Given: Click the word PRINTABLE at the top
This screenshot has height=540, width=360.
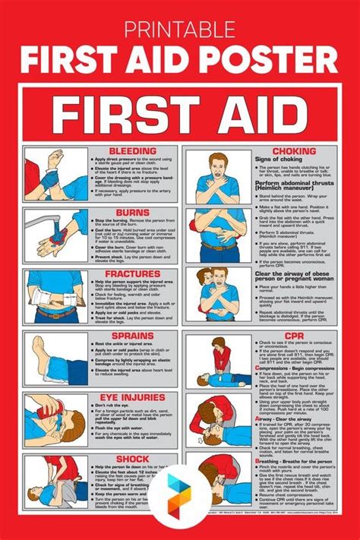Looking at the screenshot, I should pos(180,29).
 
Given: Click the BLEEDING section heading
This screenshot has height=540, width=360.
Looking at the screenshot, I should pos(134,151).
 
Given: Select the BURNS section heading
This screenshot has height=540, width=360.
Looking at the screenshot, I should pos(134,213).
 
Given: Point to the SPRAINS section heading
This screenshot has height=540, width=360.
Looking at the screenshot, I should pos(134,335).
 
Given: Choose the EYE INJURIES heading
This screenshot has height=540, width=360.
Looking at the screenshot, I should pos(134,396).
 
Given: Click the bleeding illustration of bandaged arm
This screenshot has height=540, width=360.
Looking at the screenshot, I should pos(54,174).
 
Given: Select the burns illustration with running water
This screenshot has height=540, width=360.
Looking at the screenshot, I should pos(54,235).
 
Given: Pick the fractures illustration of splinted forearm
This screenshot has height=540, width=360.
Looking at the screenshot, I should pos(54,297).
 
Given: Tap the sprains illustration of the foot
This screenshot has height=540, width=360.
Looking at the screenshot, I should pos(54,358).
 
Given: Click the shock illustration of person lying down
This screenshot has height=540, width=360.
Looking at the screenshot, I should pos(54,478).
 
